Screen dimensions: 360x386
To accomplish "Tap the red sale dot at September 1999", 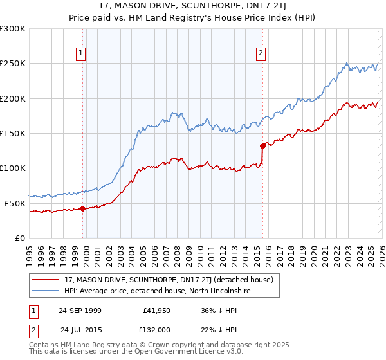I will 83,208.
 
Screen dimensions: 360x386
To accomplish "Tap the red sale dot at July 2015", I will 262,146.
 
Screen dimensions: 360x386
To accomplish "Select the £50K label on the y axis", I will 15,203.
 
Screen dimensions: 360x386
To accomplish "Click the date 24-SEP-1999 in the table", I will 80,310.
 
